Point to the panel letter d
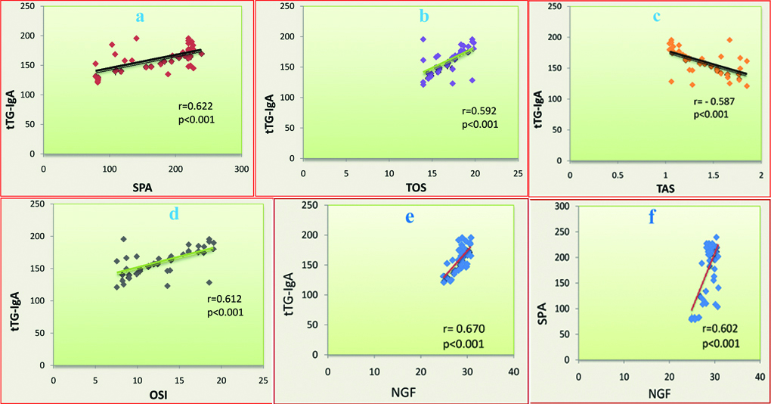point(174,214)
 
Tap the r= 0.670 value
point(462,330)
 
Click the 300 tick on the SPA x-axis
point(242,168)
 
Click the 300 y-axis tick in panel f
point(561,206)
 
